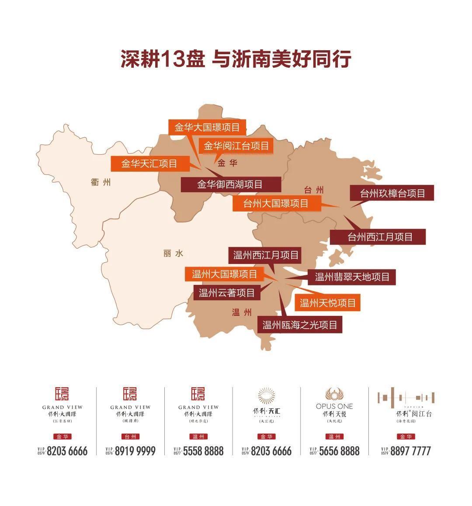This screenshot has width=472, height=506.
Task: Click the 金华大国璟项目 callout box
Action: pyautogui.click(x=207, y=128)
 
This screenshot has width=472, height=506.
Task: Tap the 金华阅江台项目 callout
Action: pyautogui.click(x=236, y=146)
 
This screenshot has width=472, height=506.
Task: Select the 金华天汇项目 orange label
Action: pyautogui.click(x=149, y=164)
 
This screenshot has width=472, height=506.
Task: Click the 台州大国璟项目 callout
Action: pyautogui.click(x=276, y=203)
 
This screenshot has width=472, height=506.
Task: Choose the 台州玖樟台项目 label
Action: pyautogui.click(x=392, y=193)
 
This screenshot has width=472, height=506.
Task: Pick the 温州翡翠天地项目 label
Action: pyautogui.click(x=352, y=277)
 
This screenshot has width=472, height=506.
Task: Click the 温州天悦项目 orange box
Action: pyautogui.click(x=328, y=302)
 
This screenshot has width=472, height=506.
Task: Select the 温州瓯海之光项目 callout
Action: pyautogui.click(x=300, y=325)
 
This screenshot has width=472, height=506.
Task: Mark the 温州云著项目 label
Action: pyautogui.click(x=227, y=292)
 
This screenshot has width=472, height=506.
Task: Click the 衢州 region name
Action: pyautogui.click(x=101, y=182)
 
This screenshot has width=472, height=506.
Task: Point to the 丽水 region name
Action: pyautogui.click(x=173, y=253)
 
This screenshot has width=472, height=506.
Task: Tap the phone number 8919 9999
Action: pyautogui.click(x=135, y=451)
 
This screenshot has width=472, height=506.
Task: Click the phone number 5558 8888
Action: pyautogui.click(x=203, y=451)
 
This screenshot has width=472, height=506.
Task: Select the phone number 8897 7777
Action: pyautogui.click(x=410, y=451)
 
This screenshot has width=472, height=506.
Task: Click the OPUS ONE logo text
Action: pyautogui.click(x=334, y=406)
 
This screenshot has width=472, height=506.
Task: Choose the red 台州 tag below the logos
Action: pyautogui.click(x=130, y=437)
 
